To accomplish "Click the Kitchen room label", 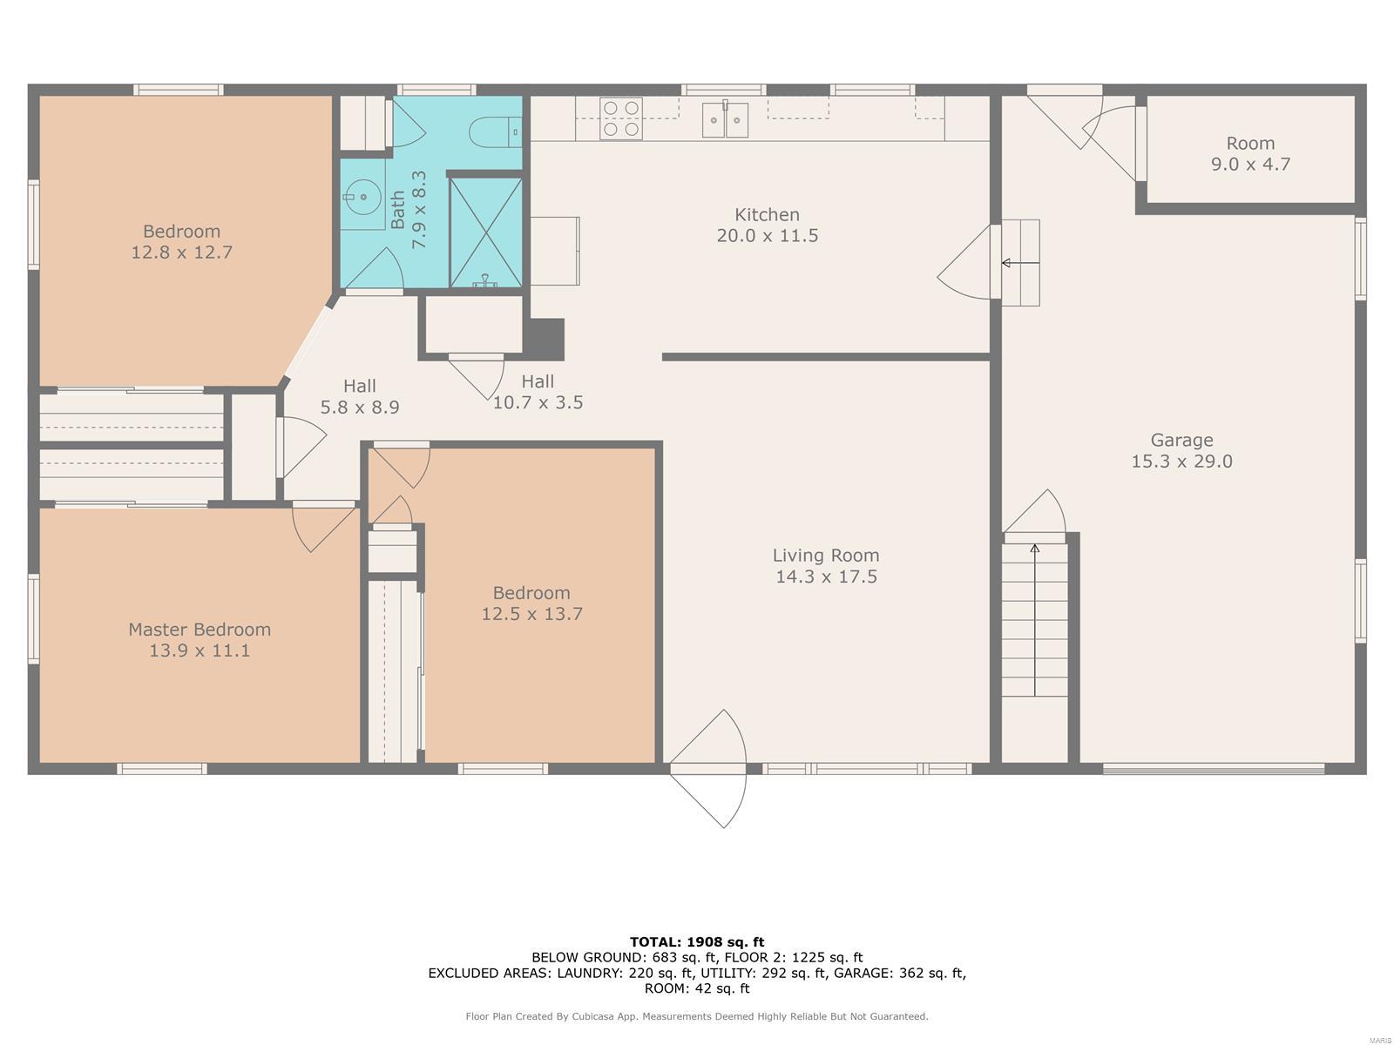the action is point(767,214).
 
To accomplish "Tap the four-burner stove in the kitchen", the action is point(620,118).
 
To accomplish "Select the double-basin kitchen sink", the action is point(725,119).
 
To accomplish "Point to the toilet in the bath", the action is point(496,132).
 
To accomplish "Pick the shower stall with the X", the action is point(486,233).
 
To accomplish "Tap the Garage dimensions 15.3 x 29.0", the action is point(1181,462).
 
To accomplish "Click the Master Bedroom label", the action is point(200,630).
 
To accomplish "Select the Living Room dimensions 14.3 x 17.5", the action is point(826,576).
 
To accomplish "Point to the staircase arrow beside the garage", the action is point(1034,620).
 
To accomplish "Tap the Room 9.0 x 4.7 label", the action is point(1250,153).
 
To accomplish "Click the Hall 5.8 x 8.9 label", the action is point(360,396).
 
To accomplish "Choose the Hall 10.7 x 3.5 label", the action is point(538,392).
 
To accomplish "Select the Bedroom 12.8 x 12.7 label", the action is point(181,242).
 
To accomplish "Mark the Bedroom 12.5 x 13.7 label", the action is point(531,603).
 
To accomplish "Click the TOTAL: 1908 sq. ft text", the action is point(697,941).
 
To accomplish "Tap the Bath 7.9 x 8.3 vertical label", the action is point(409,209).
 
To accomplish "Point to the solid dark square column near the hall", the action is point(543,340).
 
